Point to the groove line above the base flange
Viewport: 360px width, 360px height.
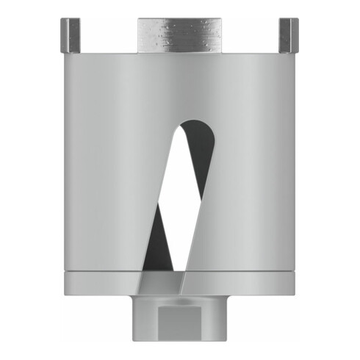[x=103, y=272]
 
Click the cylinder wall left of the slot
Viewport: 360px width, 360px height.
[x=110, y=169]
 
